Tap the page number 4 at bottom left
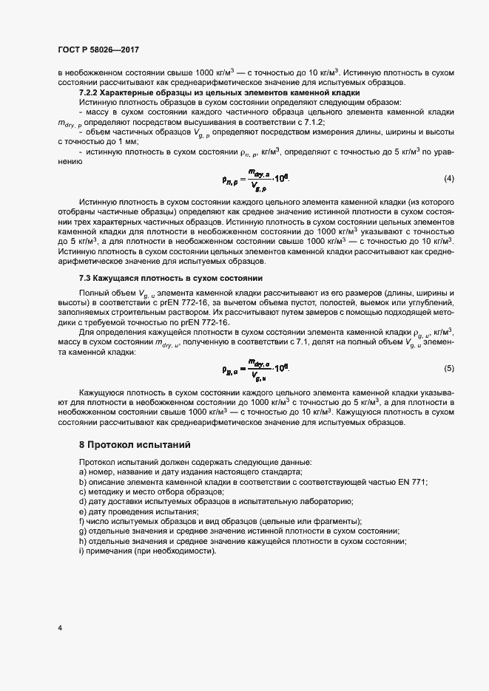[x=59, y=628]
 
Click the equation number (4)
[x=448, y=200]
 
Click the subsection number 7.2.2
[x=92, y=92]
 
